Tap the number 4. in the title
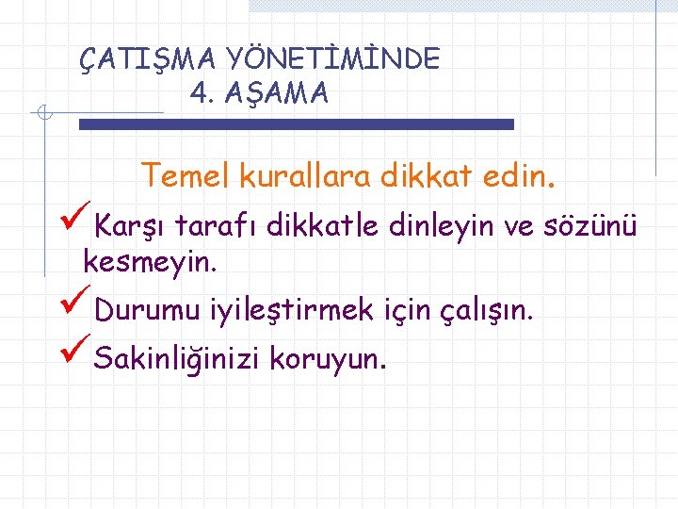coord(202,93)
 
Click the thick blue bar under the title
coord(296,124)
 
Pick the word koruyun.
coord(327,359)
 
